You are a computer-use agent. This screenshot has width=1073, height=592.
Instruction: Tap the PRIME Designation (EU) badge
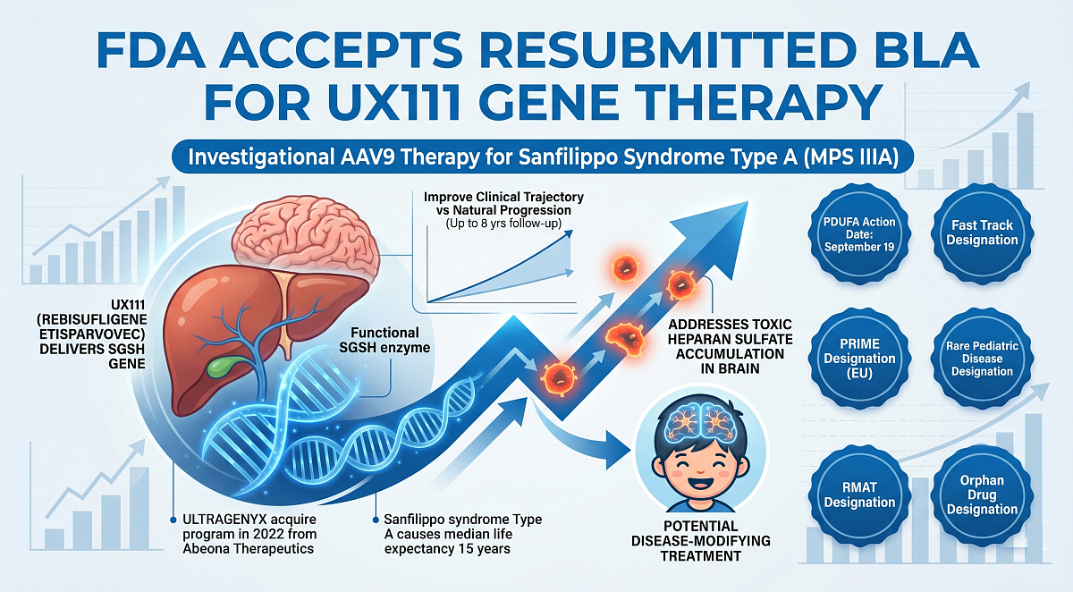(x=860, y=358)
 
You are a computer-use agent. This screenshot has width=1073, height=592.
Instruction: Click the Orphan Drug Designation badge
(x=982, y=495)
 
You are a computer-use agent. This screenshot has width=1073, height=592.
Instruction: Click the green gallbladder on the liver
(x=217, y=368)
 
